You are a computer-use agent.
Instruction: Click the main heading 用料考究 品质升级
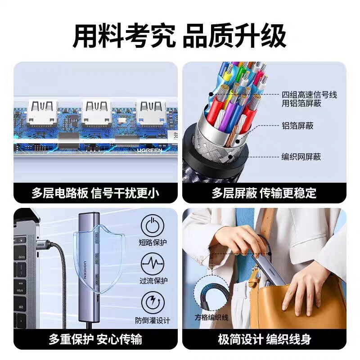click(180, 36)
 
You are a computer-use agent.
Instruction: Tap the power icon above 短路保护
click(153, 225)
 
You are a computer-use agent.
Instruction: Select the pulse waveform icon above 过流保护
click(153, 264)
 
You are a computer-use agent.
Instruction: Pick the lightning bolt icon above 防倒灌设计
click(153, 302)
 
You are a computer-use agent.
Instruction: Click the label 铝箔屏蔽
click(297, 126)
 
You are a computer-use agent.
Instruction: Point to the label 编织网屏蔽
click(301, 157)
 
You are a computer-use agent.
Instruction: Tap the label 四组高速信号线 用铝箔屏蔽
click(309, 99)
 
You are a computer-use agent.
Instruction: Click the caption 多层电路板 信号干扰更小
click(95, 193)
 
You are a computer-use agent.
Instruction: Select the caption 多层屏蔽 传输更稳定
click(264, 193)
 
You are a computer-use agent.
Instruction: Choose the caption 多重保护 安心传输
click(95, 339)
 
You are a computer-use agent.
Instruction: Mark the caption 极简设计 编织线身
click(265, 339)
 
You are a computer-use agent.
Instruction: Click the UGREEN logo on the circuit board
click(149, 150)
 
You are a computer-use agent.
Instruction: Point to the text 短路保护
click(153, 243)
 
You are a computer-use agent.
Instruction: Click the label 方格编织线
click(211, 318)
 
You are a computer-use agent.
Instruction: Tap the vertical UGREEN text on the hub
click(85, 270)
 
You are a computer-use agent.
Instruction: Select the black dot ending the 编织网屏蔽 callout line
click(230, 157)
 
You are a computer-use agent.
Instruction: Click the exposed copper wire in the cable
click(231, 136)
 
